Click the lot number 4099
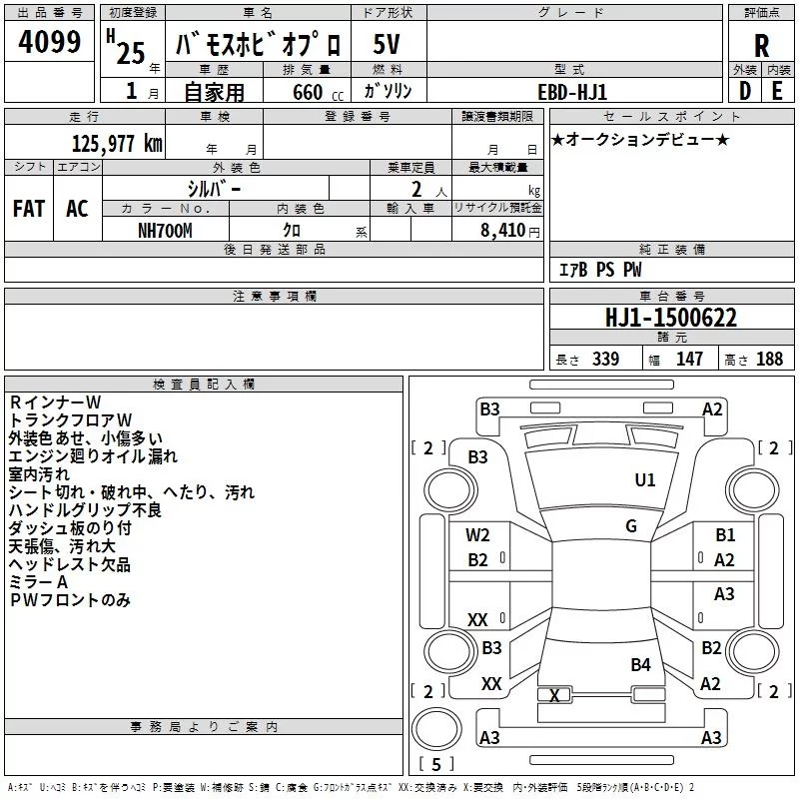tap(49, 41)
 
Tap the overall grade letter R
tap(761, 46)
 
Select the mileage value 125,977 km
tap(117, 143)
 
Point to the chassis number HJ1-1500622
tap(671, 318)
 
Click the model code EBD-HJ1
tap(572, 92)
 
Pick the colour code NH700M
tap(165, 231)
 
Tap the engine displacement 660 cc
tap(318, 92)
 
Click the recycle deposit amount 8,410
tap(502, 231)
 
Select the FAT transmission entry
tap(29, 209)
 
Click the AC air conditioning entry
tap(77, 209)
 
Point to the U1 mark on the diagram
tap(644, 480)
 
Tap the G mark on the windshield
tap(631, 526)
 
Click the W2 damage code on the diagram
tap(477, 535)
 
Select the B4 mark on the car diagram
tap(640, 664)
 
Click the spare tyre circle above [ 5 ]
tap(436, 729)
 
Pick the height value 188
tap(769, 359)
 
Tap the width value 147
tap(689, 359)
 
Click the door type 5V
tap(387, 44)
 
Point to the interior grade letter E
tap(777, 91)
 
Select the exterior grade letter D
tap(744, 91)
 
